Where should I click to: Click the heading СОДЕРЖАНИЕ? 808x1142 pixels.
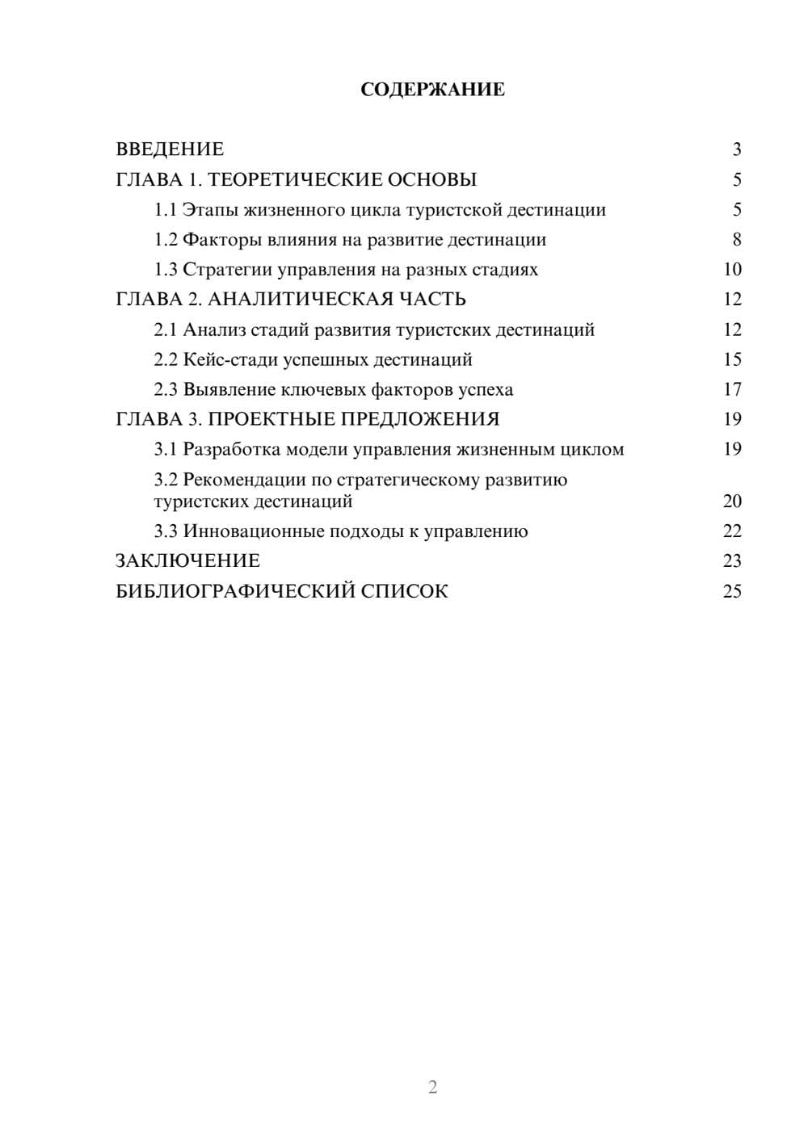pos(432,90)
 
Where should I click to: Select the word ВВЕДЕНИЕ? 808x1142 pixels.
pos(170,149)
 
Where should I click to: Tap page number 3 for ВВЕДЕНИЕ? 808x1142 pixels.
pos(736,149)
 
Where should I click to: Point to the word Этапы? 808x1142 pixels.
pos(207,210)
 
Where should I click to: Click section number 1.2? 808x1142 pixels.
pos(166,240)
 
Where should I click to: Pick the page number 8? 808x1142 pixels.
pos(736,240)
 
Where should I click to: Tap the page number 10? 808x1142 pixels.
pos(732,270)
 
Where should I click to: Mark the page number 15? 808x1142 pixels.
pos(732,359)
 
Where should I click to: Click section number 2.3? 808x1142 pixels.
pos(166,389)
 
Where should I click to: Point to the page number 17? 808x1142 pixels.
pos(732,389)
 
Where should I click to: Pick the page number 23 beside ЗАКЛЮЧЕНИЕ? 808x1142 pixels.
pos(732,561)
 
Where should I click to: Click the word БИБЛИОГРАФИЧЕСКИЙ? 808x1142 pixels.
pos(234,591)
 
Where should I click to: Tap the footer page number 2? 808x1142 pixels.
pos(432,1087)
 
